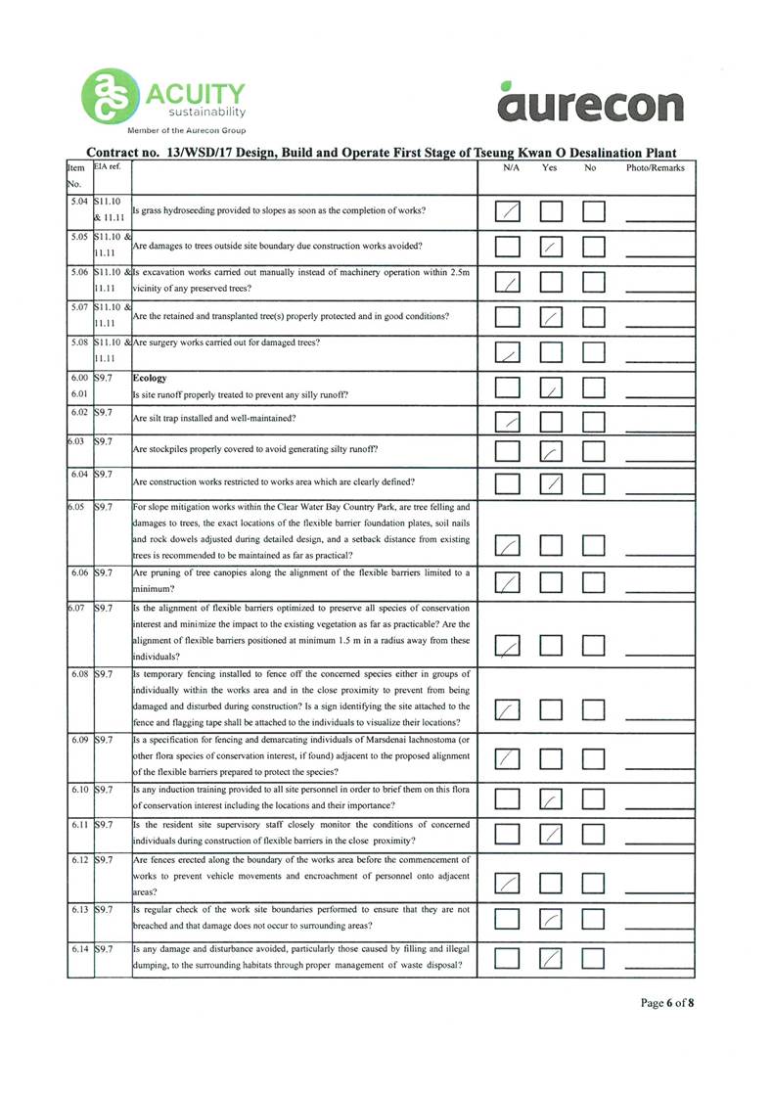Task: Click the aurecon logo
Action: click(589, 101)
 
